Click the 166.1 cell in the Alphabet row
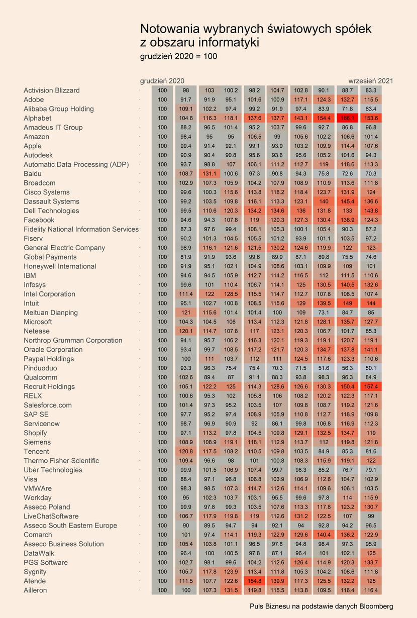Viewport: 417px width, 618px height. [347, 118]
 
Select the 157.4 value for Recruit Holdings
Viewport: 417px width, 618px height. [371, 386]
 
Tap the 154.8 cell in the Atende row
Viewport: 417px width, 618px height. [254, 581]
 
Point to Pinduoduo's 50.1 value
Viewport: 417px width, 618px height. [371, 368]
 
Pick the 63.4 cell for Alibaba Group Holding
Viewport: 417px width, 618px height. [371, 109]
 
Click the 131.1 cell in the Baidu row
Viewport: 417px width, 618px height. [210, 173]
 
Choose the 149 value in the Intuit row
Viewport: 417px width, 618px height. [347, 303]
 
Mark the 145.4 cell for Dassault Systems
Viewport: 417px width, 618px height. [347, 201]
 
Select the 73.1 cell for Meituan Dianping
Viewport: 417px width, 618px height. [324, 313]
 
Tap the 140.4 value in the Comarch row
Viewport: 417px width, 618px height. [324, 535]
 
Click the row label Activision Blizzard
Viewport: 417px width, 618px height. [52, 90]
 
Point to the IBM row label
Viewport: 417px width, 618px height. [30, 275]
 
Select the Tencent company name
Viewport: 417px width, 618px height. [36, 451]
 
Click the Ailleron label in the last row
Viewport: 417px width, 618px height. [35, 590]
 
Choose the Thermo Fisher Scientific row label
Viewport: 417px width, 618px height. [61, 460]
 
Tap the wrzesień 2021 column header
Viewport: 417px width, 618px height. [371, 81]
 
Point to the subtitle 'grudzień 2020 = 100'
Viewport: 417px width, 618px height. [178, 56]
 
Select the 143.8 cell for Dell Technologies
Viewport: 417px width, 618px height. [371, 211]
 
